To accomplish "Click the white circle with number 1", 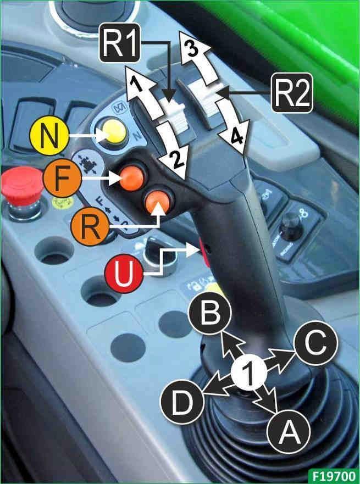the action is tap(248, 375).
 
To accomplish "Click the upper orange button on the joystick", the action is tap(131, 176).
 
